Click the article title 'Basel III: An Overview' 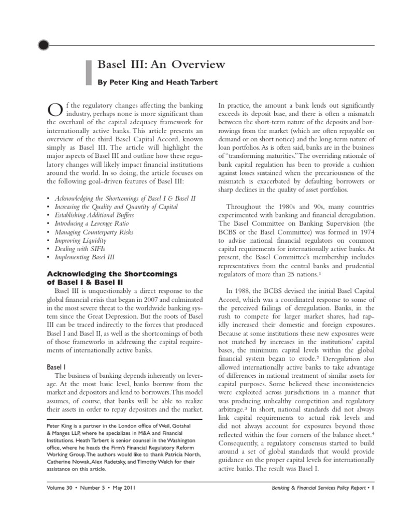161,65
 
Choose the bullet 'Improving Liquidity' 80,240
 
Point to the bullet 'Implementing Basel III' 85,257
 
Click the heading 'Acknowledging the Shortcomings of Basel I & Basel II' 112,277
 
